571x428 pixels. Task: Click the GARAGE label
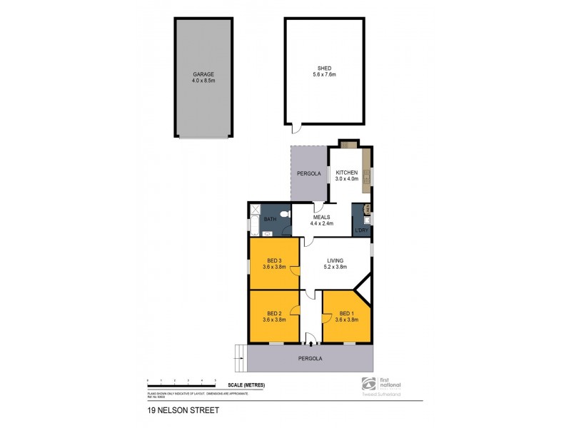[203, 74]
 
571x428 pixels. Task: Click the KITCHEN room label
[346, 173]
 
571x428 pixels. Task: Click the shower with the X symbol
[255, 210]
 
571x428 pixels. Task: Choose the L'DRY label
[362, 230]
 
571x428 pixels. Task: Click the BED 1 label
[346, 314]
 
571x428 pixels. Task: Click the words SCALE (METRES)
[244, 385]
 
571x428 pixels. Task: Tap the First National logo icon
[368, 382]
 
